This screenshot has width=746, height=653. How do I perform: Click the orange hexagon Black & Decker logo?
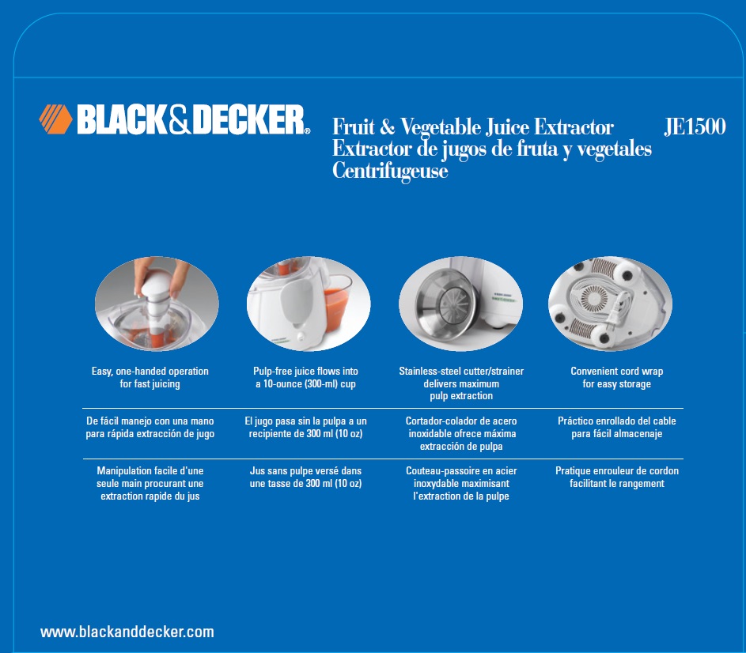[x=55, y=119]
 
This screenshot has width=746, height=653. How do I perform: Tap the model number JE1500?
[x=695, y=126]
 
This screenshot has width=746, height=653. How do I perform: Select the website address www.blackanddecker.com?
[x=127, y=632]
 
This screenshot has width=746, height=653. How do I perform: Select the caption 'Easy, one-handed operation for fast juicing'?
[x=150, y=378]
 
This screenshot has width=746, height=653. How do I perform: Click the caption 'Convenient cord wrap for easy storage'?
[x=616, y=378]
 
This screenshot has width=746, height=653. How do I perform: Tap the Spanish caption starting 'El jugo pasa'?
[x=305, y=427]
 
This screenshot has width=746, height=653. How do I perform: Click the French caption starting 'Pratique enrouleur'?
[x=617, y=477]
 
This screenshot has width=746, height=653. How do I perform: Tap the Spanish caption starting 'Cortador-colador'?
[x=461, y=433]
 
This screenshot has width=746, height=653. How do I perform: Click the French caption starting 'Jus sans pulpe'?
[x=305, y=477]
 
